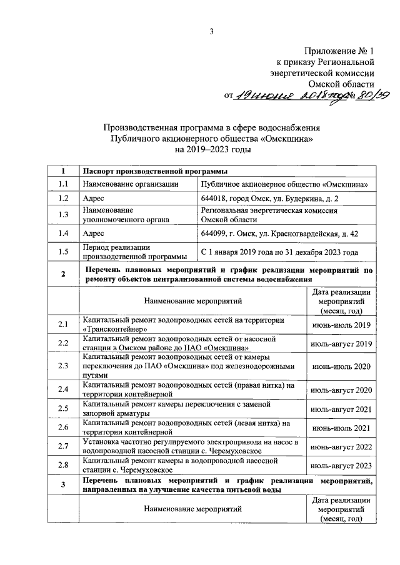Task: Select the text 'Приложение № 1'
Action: [x=339, y=51]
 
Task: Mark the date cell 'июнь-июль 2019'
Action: [x=341, y=325]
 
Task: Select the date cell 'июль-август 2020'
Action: [x=341, y=390]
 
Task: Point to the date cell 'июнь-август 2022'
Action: [x=341, y=446]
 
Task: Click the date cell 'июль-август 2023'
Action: [x=341, y=465]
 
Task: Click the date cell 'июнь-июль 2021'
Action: [x=341, y=428]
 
